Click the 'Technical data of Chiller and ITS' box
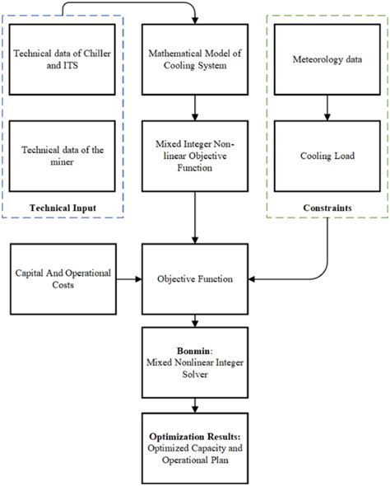[63, 58]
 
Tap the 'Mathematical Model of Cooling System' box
[194, 58]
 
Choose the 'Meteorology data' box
[327, 58]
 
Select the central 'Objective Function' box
[194, 278]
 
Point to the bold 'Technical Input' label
[63, 207]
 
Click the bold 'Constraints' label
[327, 207]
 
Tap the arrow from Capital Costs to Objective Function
[127, 279]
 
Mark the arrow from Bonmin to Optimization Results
[194, 405]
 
